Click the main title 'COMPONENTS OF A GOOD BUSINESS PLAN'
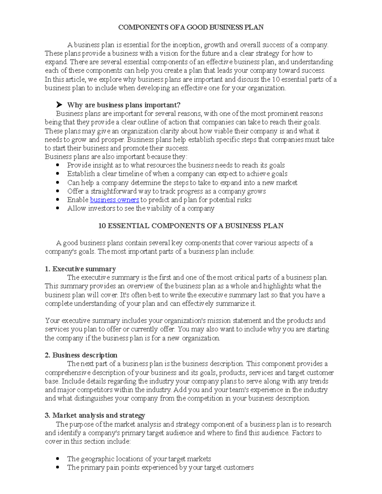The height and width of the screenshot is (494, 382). click(x=191, y=27)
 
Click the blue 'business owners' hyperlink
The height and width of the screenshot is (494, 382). click(x=114, y=200)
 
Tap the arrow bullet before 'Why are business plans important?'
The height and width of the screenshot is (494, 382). click(x=59, y=105)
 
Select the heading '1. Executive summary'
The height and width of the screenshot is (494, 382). click(x=80, y=269)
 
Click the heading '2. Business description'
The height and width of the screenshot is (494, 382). click(x=81, y=355)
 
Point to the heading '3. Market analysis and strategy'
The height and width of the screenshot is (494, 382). click(x=95, y=415)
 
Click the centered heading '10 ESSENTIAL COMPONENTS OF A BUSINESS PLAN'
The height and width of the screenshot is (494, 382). click(x=191, y=226)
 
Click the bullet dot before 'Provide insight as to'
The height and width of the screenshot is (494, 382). click(x=58, y=165)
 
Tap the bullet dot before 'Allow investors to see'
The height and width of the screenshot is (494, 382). click(x=58, y=208)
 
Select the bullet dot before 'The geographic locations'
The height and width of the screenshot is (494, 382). click(x=58, y=459)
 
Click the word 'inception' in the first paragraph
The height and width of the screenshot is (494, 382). click(x=187, y=45)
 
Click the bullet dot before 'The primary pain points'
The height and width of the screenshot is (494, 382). click(x=58, y=467)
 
